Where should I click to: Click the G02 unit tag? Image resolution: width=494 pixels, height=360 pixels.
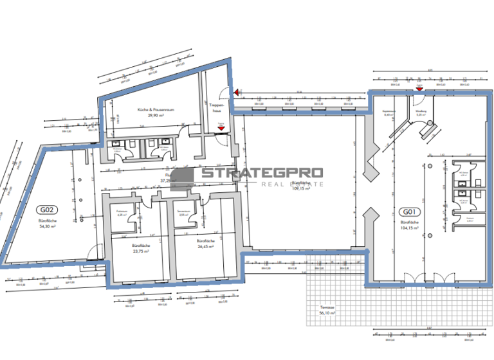pyautogui.click(x=48, y=209)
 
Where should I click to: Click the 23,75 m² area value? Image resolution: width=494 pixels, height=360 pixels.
pyautogui.click(x=140, y=251)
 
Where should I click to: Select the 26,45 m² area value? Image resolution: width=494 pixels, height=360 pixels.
pyautogui.click(x=205, y=246)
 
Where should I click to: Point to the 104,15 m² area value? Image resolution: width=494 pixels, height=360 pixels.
pyautogui.click(x=408, y=228)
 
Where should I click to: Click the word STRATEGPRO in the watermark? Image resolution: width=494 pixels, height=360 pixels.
pyautogui.click(x=262, y=173)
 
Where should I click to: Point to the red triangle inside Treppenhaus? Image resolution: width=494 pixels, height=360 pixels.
pyautogui.click(x=221, y=128)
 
